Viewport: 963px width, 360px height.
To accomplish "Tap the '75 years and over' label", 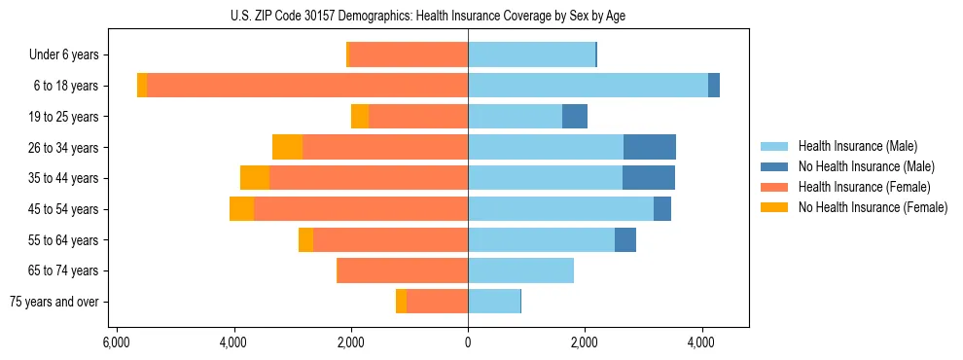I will [x=54, y=302].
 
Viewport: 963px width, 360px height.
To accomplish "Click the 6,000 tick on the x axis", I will [x=116, y=343].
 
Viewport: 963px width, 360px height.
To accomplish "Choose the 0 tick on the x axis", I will [x=468, y=343].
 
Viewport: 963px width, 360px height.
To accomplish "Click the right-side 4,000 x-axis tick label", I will [x=702, y=343].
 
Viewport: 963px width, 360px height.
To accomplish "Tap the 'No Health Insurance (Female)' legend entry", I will [x=873, y=207].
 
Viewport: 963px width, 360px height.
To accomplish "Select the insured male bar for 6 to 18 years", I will [x=588, y=86].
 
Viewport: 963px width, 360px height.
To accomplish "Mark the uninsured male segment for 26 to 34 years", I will [x=650, y=147].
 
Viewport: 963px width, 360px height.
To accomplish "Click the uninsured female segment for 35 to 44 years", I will [x=255, y=178].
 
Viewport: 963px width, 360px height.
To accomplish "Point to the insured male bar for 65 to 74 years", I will [x=520, y=270].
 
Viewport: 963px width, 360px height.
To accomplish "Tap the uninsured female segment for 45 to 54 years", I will [x=241, y=209].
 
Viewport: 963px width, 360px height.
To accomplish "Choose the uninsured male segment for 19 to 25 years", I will [x=575, y=117].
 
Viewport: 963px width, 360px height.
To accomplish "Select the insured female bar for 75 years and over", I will [x=437, y=302].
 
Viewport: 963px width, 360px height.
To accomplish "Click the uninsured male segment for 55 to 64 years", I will [x=625, y=240].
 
